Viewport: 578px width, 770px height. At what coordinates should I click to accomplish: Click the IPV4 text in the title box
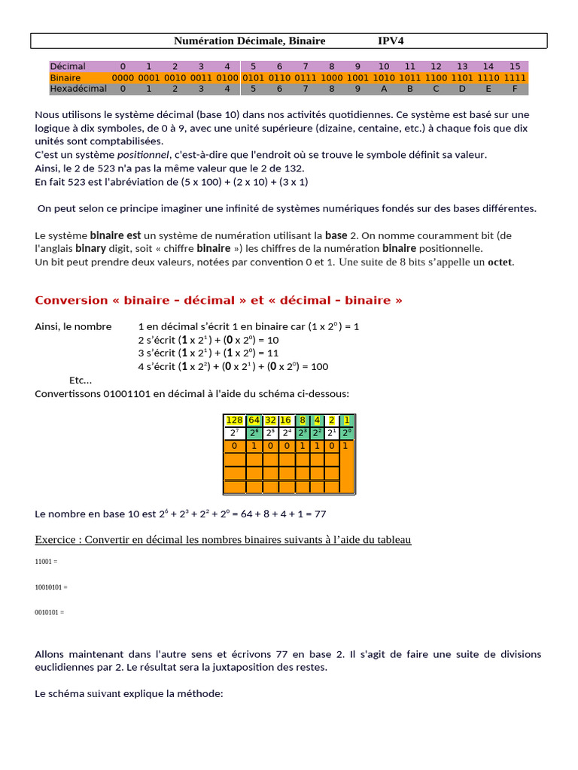[391, 41]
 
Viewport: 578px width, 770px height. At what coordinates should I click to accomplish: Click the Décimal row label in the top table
[68, 66]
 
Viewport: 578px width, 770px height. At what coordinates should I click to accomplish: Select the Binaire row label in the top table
[65, 77]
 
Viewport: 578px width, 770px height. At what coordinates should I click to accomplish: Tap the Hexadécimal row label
[78, 89]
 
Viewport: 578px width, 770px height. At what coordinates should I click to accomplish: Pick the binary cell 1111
[515, 77]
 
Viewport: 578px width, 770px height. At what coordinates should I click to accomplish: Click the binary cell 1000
[332, 77]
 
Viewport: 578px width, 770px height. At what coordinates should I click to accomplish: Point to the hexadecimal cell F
[515, 89]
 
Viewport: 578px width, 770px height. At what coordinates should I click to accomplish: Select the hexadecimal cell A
[384, 89]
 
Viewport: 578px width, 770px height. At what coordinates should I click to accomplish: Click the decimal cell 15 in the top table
[515, 66]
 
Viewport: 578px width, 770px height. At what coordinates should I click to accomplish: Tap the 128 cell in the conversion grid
[235, 420]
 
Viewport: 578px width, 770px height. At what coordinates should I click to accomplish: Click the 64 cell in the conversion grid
[254, 420]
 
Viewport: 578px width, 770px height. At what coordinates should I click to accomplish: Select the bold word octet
[500, 262]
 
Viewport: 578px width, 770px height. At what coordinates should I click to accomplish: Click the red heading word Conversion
[71, 301]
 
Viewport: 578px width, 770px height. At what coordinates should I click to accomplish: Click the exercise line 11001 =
[46, 561]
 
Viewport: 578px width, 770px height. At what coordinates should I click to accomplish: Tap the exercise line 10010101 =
[51, 587]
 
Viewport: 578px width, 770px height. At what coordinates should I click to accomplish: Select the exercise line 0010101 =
[50, 612]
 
